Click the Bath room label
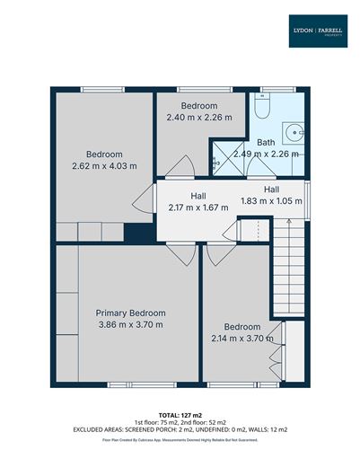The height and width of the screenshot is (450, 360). tap(267, 142)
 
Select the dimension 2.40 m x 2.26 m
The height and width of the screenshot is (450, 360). tap(199, 117)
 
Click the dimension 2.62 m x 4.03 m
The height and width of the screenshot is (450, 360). tap(105, 165)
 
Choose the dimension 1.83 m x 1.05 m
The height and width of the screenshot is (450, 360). tap(271, 200)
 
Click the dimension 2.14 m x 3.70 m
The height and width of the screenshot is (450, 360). tap(242, 339)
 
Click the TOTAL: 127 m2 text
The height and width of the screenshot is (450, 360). tap(180, 415)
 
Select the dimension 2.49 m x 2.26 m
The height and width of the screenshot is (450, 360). tap(267, 154)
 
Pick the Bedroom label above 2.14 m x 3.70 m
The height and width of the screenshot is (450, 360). tap(242, 326)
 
